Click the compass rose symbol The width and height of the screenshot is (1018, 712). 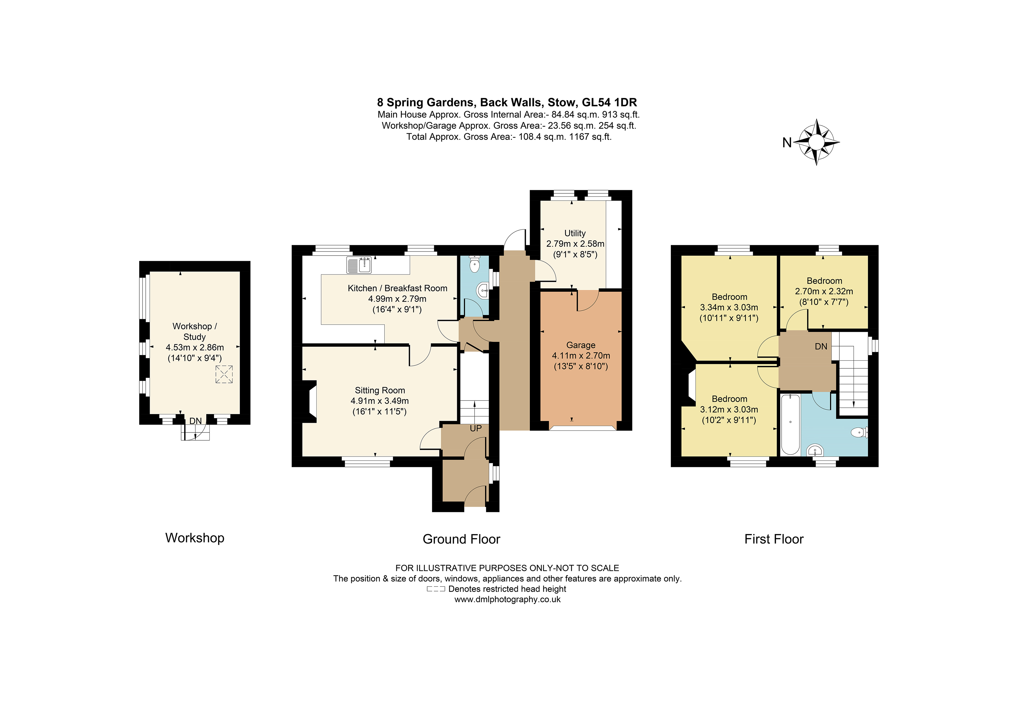(x=816, y=142)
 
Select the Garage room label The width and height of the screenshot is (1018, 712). (x=580, y=345)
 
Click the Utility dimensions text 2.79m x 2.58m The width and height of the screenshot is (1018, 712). (x=575, y=244)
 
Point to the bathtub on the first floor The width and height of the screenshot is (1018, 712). (x=790, y=424)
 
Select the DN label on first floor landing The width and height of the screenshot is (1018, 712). (x=821, y=347)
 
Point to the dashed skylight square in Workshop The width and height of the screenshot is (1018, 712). (x=224, y=374)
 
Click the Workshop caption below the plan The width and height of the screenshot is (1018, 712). (x=195, y=537)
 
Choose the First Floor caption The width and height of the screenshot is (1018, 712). (x=774, y=539)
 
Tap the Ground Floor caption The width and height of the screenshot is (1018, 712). (x=461, y=539)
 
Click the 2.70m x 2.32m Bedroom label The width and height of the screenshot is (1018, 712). (x=824, y=291)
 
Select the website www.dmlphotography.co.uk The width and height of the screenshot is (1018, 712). (x=507, y=599)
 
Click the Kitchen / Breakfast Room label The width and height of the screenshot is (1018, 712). (x=397, y=288)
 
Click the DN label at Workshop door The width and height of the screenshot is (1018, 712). (x=196, y=421)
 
